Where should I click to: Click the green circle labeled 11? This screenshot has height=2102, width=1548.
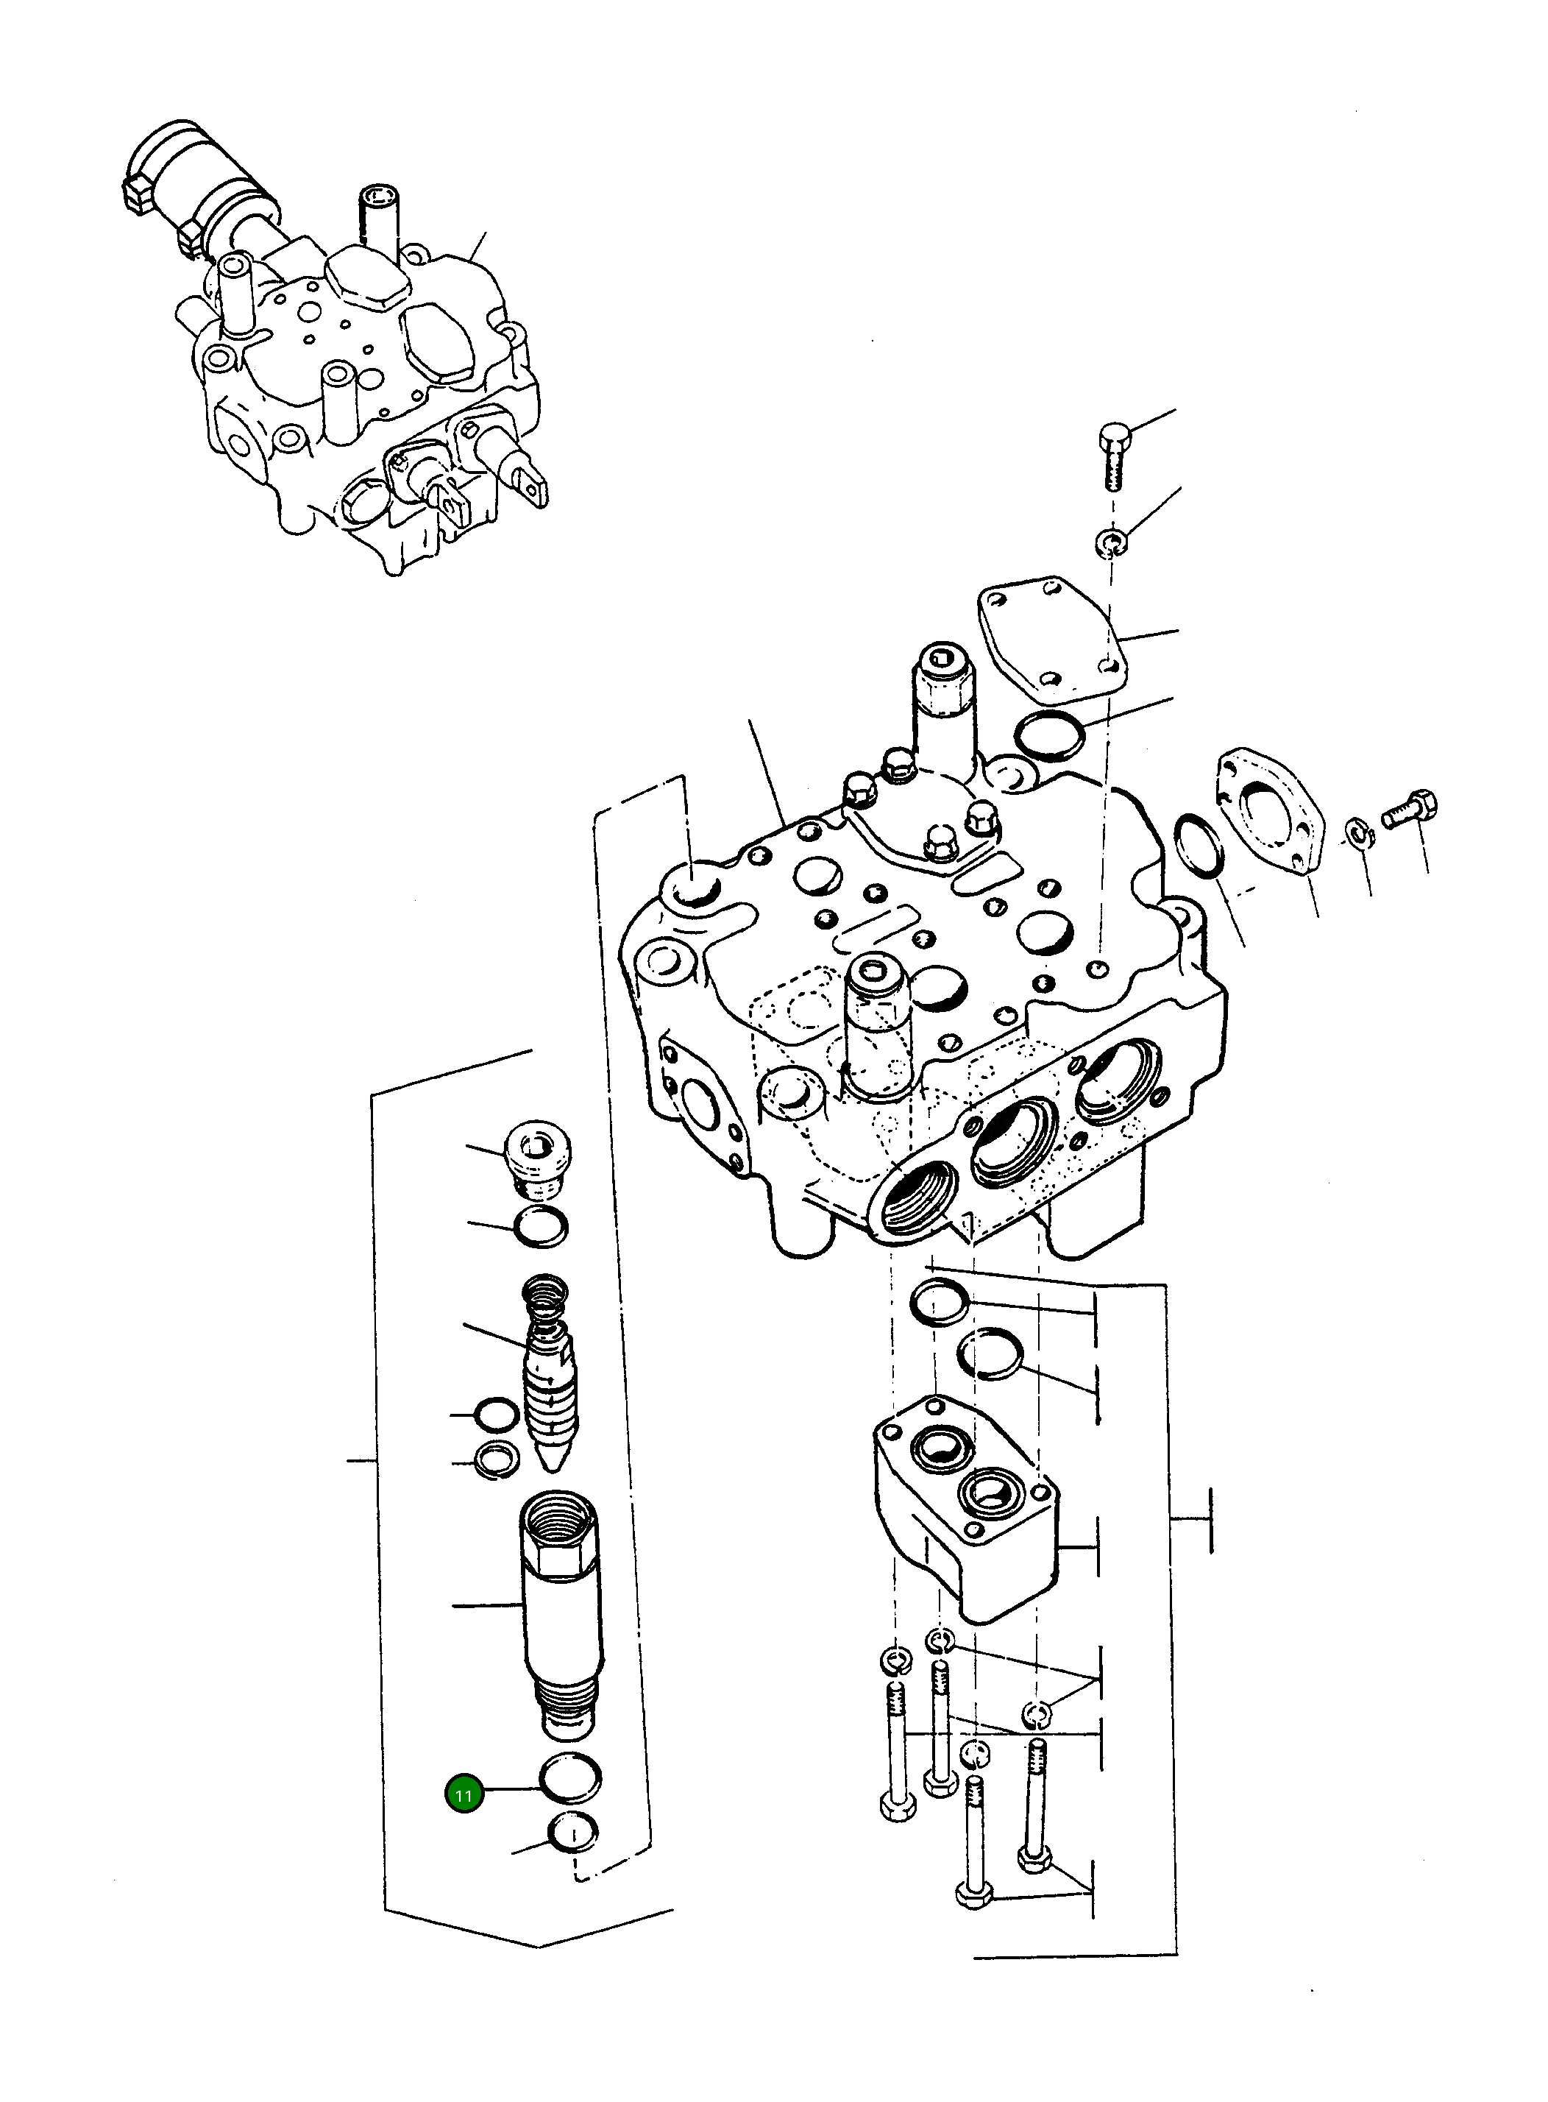pos(463,1794)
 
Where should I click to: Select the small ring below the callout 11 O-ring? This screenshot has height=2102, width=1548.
pos(572,1833)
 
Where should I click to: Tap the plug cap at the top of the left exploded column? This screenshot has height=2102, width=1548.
pos(538,1159)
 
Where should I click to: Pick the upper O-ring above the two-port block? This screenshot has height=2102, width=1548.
pos(939,1303)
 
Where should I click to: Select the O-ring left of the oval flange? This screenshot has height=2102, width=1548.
pos(1199,846)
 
